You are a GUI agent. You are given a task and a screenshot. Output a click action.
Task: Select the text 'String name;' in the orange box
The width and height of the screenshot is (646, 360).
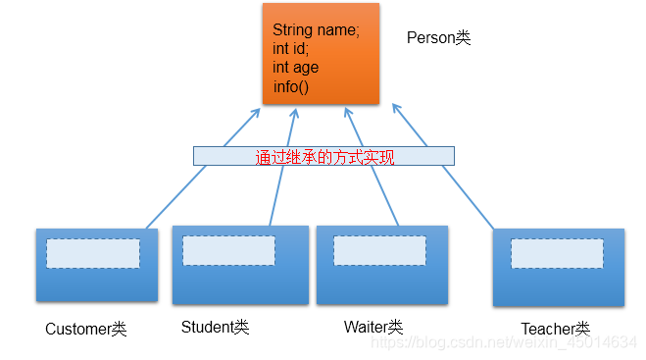point(317,30)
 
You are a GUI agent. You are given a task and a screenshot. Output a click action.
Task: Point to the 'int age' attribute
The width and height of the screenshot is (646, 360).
point(295,68)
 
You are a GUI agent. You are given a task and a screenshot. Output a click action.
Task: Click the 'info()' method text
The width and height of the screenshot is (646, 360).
point(290,86)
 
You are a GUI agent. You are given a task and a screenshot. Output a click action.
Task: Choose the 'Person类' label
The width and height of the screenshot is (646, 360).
point(438,38)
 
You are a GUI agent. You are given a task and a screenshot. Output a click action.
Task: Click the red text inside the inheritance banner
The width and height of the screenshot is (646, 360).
point(324,156)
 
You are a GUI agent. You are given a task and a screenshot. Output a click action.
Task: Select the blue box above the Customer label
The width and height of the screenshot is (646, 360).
point(96,280)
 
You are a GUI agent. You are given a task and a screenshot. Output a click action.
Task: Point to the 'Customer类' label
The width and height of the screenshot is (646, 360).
point(86,329)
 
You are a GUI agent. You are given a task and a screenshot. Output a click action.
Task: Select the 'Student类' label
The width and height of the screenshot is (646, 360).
point(215,327)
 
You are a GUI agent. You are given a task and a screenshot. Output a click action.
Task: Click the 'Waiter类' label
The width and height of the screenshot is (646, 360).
point(373,327)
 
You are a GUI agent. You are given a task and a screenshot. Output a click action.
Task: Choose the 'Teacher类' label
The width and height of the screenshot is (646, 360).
point(555,329)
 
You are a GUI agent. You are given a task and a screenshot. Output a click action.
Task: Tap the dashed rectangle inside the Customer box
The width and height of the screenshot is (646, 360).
point(93,253)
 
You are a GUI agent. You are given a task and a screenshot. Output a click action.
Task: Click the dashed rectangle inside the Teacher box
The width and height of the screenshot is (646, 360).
point(557,254)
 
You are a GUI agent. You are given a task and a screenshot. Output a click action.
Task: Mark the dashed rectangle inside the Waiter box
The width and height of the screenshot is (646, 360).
point(379,250)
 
